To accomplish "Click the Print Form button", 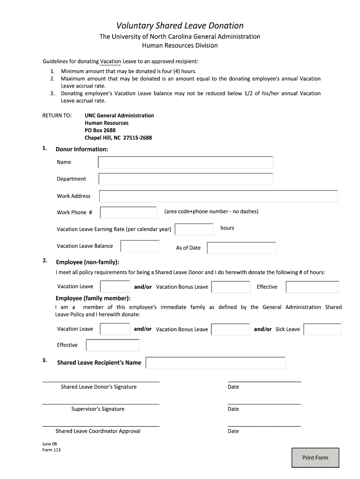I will [x=315, y=457].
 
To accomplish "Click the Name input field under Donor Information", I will [x=185, y=162].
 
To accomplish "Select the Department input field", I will [x=186, y=179].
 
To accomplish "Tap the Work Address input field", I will [x=218, y=196].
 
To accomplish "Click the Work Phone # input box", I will [x=129, y=212].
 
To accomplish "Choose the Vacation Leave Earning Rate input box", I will [x=194, y=229].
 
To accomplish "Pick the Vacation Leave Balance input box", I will [x=140, y=246].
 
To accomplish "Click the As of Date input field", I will [x=241, y=248].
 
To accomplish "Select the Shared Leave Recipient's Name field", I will [x=216, y=363].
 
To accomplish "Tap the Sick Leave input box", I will [x=322, y=329].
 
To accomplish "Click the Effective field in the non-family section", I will [x=312, y=287].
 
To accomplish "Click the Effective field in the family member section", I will [x=113, y=345].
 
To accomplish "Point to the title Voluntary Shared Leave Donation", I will [x=180, y=26].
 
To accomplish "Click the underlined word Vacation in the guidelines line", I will [x=110, y=61].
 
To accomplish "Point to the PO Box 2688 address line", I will [x=100, y=131].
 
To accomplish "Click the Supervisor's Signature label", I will [x=98, y=409].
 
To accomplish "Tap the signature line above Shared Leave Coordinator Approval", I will [x=101, y=426].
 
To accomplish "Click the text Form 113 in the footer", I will [x=51, y=450].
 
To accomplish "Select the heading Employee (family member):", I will [x=93, y=298].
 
